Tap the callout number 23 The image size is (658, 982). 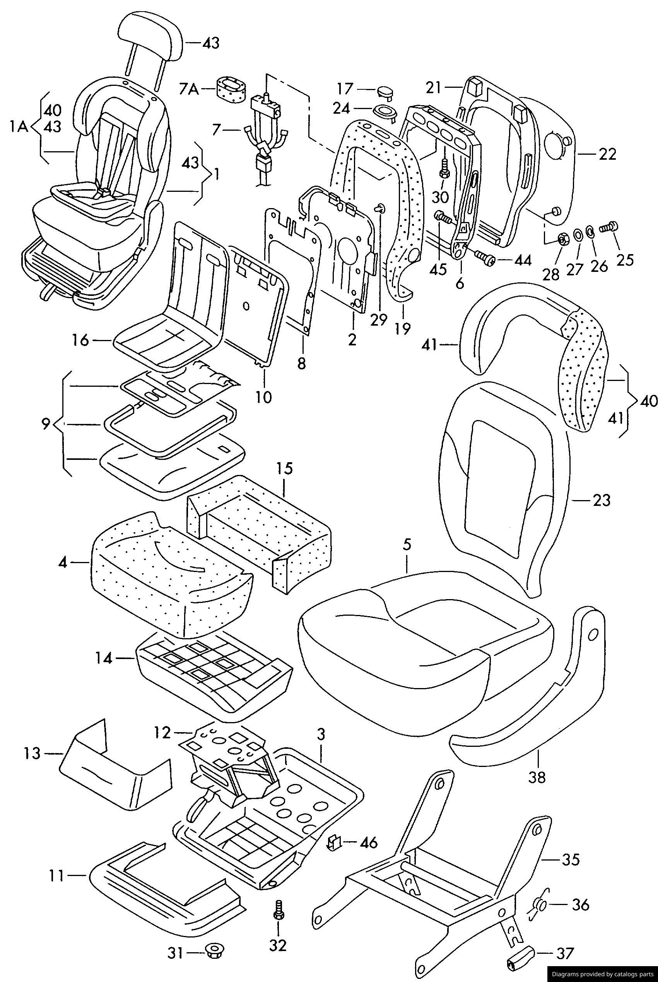pyautogui.click(x=602, y=500)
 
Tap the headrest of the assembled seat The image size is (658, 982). pyautogui.click(x=150, y=39)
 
